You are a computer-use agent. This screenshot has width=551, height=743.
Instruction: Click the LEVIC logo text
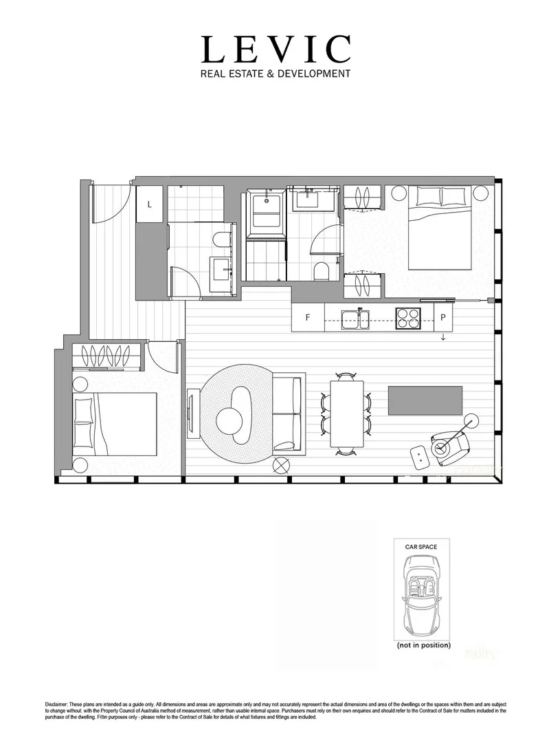(275, 50)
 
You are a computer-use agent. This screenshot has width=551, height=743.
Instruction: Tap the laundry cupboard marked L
(149, 204)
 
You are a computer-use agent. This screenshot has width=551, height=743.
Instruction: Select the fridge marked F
(308, 319)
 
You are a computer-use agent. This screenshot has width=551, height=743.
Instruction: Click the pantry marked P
(444, 319)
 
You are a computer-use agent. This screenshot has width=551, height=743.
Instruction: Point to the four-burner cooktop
(409, 319)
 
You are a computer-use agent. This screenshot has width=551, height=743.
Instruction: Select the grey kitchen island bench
(425, 400)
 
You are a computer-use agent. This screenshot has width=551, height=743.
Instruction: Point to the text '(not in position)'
(423, 646)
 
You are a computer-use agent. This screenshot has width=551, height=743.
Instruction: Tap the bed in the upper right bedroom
(440, 227)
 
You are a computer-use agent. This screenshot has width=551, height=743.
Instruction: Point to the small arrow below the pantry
(443, 336)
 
